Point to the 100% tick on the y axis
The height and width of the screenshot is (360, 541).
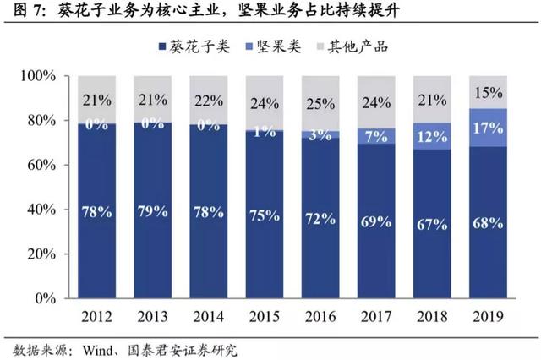(37, 76)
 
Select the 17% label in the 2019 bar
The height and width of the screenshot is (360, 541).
(488, 128)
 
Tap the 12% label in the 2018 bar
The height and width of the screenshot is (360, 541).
(432, 136)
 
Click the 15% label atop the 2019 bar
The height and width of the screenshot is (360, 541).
(488, 92)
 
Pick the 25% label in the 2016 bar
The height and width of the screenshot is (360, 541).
(321, 103)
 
